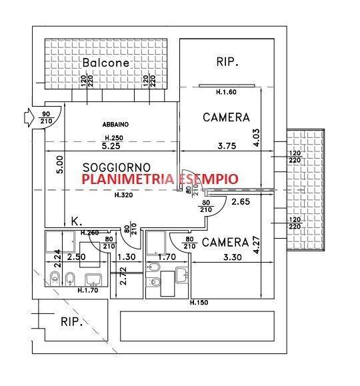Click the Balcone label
(105, 63)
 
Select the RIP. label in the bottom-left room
(71, 323)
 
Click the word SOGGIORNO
(117, 167)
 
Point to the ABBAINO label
(115, 125)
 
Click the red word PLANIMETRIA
(119, 179)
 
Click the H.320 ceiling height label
(121, 195)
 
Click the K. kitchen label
(76, 221)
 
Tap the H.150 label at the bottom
(199, 303)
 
